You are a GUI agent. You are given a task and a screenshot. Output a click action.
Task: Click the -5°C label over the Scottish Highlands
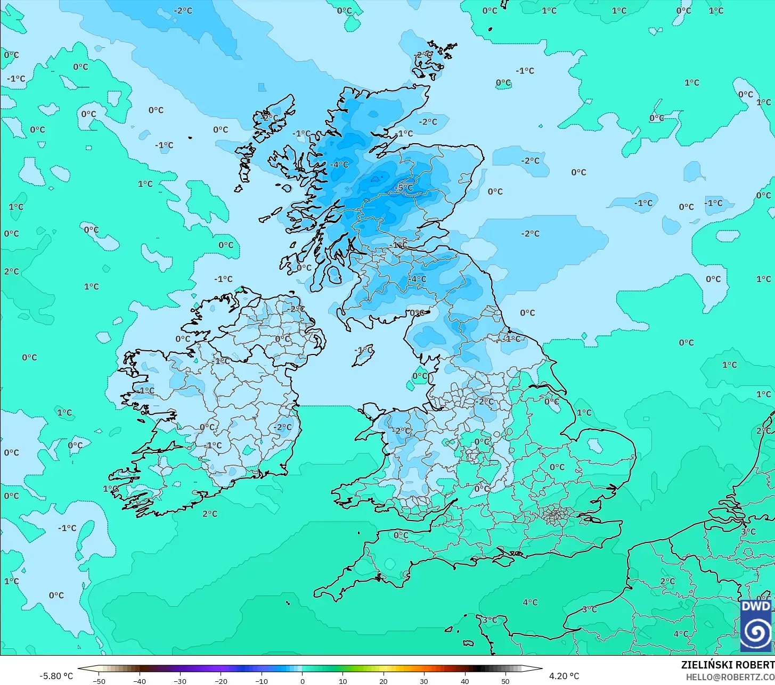(404, 188)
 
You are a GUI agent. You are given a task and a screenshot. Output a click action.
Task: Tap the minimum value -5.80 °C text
(56, 676)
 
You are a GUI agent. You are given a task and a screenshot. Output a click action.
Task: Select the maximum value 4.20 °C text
(564, 676)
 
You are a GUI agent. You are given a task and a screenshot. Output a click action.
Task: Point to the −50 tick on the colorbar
(99, 681)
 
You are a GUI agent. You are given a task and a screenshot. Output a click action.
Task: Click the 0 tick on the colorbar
(302, 681)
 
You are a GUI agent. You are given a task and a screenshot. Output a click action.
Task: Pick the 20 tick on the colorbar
(384, 681)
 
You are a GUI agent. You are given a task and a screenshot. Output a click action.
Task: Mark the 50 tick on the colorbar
(505, 681)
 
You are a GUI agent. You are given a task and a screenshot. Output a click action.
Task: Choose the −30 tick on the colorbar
(180, 681)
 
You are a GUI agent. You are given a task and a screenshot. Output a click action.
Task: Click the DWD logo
(756, 625)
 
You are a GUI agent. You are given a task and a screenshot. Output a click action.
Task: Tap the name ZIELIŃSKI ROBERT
(728, 665)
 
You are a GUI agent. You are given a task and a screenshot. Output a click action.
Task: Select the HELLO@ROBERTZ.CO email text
(730, 676)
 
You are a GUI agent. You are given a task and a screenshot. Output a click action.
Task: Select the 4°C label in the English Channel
(530, 603)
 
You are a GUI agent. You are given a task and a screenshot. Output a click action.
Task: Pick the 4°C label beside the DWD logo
(681, 634)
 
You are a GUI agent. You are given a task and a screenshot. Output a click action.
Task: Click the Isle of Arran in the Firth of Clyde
(334, 275)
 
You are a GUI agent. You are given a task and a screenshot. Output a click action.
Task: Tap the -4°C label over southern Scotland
(418, 279)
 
